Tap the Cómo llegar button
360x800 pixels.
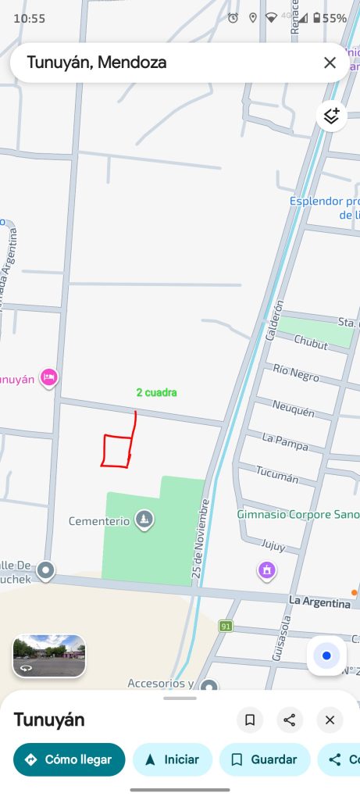(69, 759)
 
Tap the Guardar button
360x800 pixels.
(264, 759)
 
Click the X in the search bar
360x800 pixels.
(330, 62)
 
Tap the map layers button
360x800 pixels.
(331, 116)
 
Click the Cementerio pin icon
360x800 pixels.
(144, 519)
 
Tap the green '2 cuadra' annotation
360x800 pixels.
(156, 392)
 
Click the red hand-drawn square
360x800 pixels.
(116, 451)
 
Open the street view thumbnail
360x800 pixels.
(49, 655)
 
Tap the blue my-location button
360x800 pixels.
(326, 655)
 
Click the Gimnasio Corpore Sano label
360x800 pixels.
(298, 515)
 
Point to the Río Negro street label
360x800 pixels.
(296, 373)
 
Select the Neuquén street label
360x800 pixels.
(293, 407)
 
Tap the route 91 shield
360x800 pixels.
(226, 626)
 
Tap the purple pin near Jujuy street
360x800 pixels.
(267, 570)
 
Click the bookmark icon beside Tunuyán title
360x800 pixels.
(250, 720)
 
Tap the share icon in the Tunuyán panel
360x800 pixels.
(290, 720)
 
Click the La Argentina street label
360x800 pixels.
(319, 602)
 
